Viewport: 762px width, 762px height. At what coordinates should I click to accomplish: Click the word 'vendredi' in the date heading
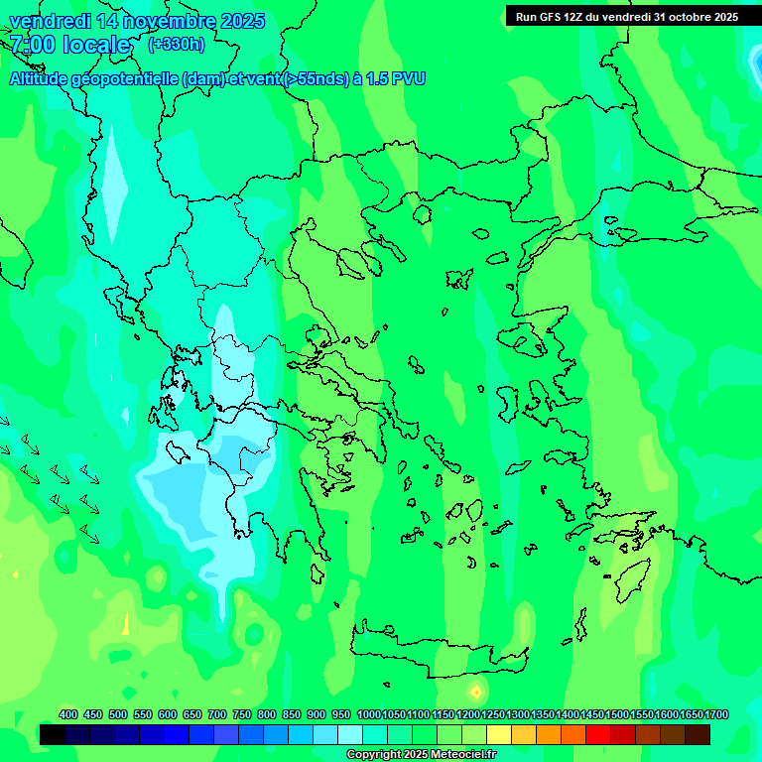point(48,21)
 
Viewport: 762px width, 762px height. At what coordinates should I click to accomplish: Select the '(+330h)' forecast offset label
point(177,44)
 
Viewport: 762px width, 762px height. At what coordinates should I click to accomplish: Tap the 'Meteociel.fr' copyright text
point(456,755)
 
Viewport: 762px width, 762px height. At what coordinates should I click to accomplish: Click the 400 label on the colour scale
point(68,714)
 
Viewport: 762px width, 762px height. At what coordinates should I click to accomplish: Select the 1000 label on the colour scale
point(368,714)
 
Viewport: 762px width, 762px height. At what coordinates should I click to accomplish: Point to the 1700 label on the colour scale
point(716,714)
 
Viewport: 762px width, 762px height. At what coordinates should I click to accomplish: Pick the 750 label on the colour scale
point(242,714)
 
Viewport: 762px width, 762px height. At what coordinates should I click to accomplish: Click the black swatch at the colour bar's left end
point(53,734)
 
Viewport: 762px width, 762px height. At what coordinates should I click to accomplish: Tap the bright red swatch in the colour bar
point(598,734)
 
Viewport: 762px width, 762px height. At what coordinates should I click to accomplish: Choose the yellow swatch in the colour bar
point(499,734)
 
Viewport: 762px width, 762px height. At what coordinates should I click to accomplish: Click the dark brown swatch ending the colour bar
point(698,734)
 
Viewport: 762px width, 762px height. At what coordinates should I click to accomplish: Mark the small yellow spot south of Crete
point(475,691)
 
